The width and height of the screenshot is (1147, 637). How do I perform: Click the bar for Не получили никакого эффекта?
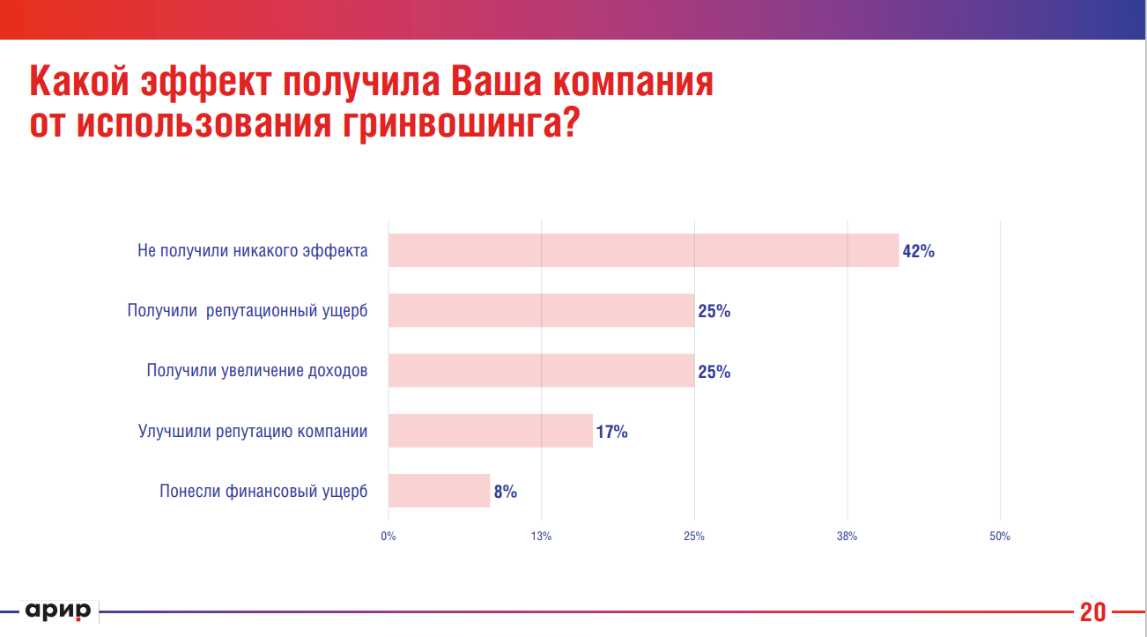click(643, 250)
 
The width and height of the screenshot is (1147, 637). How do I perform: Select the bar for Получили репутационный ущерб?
click(541, 310)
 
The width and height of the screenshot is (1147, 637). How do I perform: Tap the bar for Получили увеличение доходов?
click(541, 370)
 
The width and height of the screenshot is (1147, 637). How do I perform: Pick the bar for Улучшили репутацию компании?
click(490, 430)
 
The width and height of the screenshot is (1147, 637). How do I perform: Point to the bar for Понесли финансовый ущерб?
click(439, 491)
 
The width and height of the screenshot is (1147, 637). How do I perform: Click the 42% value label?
click(918, 251)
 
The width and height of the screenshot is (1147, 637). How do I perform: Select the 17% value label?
click(611, 432)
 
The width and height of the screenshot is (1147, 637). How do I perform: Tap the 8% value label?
click(505, 492)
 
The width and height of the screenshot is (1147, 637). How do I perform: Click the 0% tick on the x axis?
click(388, 536)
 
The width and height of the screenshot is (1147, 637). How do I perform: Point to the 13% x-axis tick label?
click(541, 536)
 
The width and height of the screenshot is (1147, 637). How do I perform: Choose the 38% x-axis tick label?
click(847, 536)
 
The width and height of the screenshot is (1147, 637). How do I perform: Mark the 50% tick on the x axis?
click(1000, 536)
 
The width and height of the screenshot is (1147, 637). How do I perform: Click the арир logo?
click(58, 611)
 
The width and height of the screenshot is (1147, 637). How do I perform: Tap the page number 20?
click(1092, 611)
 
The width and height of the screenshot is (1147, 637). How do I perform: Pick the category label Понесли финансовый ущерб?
click(263, 492)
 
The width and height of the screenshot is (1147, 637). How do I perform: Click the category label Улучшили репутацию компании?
click(253, 432)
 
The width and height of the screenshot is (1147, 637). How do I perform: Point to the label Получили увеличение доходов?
click(257, 371)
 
